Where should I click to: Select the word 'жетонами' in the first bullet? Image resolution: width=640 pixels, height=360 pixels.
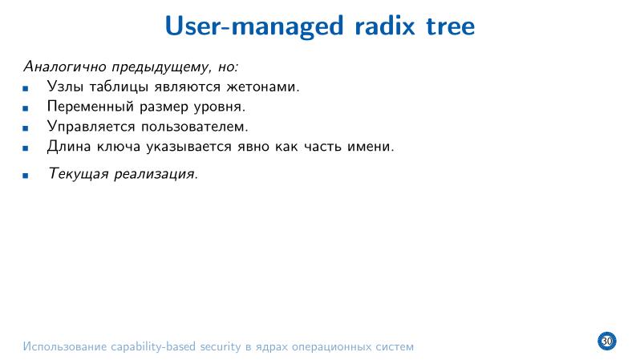click(264, 86)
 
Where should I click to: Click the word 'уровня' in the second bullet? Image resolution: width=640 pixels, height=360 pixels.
click(219, 107)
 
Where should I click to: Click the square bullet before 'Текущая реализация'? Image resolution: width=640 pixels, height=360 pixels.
click(26, 175)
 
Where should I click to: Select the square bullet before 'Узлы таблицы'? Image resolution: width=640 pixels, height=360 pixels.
click(26, 87)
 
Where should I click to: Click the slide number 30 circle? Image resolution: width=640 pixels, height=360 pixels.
click(606, 342)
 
